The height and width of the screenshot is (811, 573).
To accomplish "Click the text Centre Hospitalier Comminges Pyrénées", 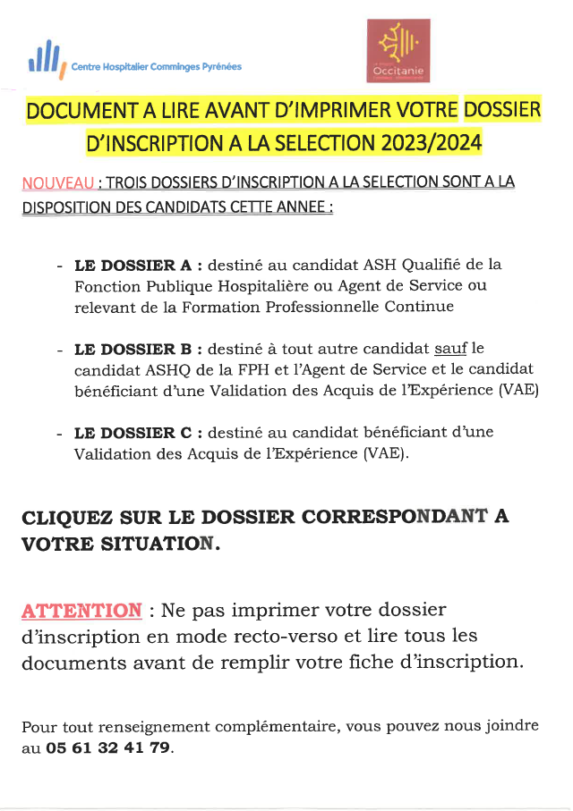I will coord(162,66).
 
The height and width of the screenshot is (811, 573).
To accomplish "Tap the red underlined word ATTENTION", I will coord(81,612).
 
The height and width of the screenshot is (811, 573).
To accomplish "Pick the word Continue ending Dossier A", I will coord(423,307).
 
